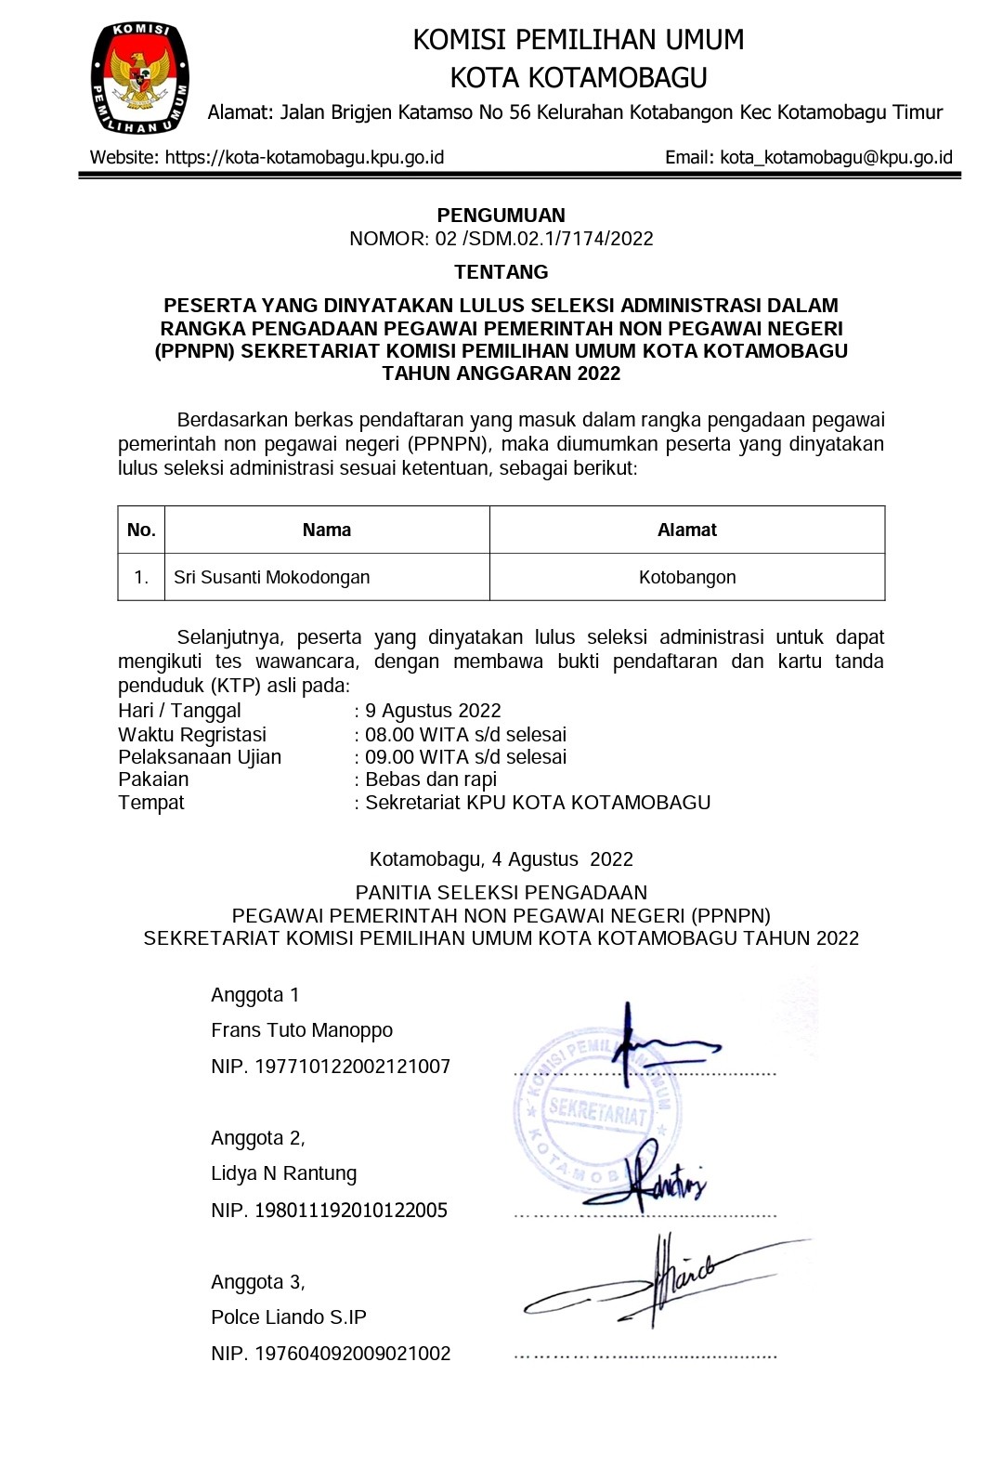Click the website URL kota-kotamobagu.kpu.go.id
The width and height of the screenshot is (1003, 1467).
tap(305, 157)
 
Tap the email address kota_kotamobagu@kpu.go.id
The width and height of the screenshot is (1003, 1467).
tap(836, 157)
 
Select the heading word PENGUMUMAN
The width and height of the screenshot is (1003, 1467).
tap(501, 216)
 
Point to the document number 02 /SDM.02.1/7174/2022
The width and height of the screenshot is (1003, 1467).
tap(543, 239)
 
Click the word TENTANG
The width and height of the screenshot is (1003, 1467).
tap(501, 272)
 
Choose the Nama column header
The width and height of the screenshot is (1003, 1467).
tap(327, 530)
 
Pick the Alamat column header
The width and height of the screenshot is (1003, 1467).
tap(687, 530)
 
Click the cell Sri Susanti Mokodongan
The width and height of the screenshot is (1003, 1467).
tap(272, 577)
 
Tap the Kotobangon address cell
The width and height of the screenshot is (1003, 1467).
tap(687, 577)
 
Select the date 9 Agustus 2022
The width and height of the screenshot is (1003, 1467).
tap(433, 711)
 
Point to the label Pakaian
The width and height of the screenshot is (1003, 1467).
tap(153, 779)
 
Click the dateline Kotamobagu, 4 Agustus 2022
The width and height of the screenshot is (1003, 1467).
tap(501, 859)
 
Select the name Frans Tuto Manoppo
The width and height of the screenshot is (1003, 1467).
tap(302, 1030)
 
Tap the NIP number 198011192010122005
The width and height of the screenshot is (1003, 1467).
tap(351, 1211)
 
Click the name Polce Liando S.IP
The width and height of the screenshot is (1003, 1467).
tap(289, 1317)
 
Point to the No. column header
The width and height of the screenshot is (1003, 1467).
tap(141, 530)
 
